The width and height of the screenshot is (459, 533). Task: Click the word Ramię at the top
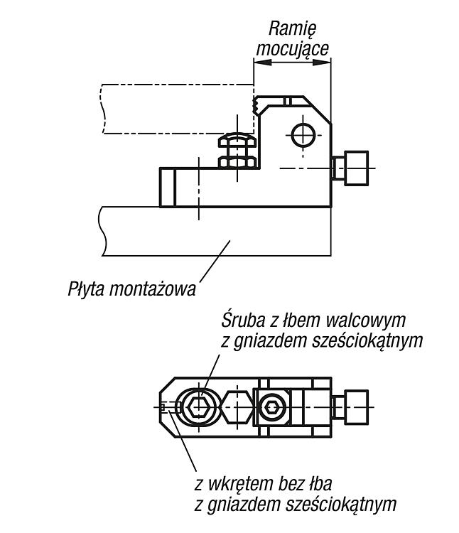click(292, 29)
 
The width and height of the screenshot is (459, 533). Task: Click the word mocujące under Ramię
click(293, 49)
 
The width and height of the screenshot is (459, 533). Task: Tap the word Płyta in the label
click(86, 290)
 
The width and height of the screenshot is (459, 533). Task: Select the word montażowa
click(152, 290)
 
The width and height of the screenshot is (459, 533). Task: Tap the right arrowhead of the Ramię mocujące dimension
click(322, 63)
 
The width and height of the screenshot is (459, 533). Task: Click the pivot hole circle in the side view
click(303, 135)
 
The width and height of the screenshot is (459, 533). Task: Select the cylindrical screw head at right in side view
click(357, 168)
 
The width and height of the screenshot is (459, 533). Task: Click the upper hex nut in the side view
click(237, 141)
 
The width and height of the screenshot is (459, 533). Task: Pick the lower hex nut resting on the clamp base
click(237, 162)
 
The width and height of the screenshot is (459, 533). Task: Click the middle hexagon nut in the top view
click(237, 407)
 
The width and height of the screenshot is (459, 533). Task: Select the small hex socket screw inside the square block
click(271, 407)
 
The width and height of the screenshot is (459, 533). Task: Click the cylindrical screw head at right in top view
click(357, 407)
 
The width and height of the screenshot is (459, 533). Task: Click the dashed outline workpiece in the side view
click(178, 109)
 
